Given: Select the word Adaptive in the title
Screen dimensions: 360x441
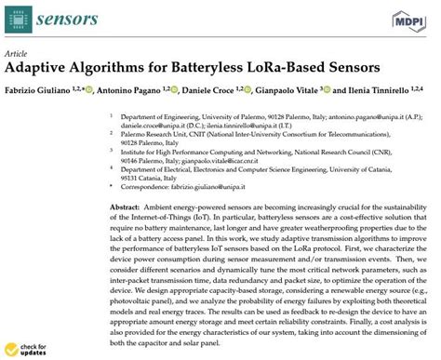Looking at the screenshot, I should [40, 69].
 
